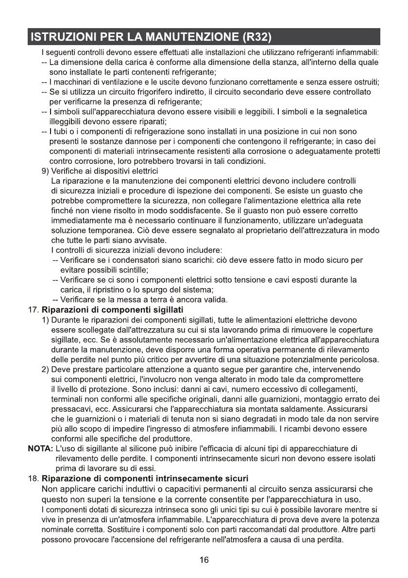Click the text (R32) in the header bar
[254, 36]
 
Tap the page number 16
[204, 560]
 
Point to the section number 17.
[32, 310]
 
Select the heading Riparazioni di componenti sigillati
[112, 310]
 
